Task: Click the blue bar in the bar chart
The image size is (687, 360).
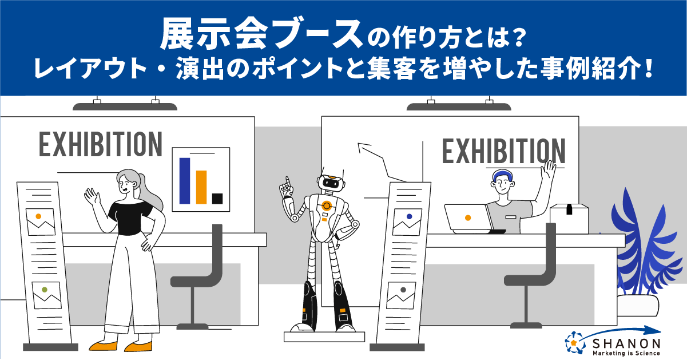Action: pyautogui.click(x=185, y=180)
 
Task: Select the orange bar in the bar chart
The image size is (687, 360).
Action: pyautogui.click(x=201, y=187)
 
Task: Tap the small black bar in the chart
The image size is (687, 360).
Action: pyautogui.click(x=217, y=199)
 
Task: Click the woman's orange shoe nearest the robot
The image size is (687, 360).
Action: pyautogui.click(x=138, y=346)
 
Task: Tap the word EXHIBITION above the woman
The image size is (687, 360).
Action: pyautogui.click(x=100, y=144)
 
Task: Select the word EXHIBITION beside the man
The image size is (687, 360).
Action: pyautogui.click(x=503, y=151)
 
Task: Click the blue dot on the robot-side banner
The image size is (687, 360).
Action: pyautogui.click(x=410, y=216)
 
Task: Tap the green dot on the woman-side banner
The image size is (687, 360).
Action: pyautogui.click(x=45, y=290)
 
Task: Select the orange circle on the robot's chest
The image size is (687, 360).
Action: pyautogui.click(x=326, y=205)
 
